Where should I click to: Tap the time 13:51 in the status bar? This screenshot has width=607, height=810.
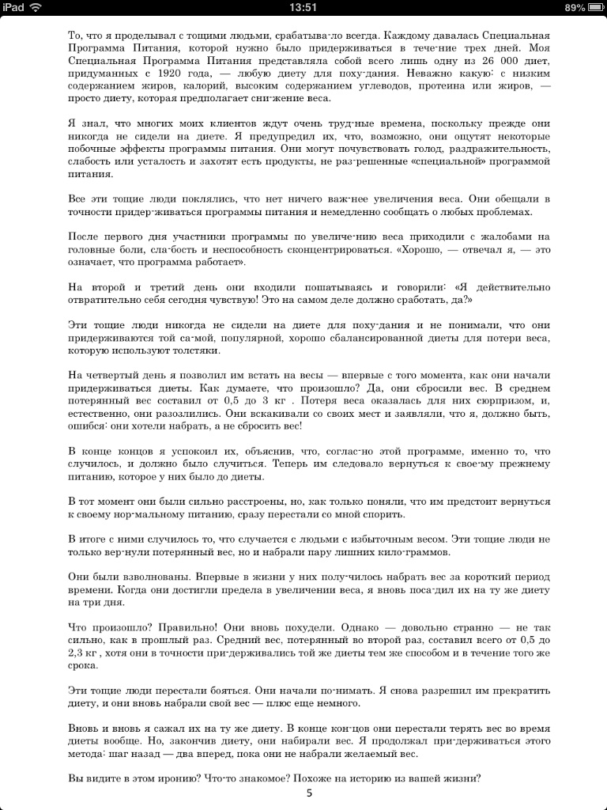tap(303, 7)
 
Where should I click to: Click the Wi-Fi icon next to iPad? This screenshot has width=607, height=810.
tap(35, 7)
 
